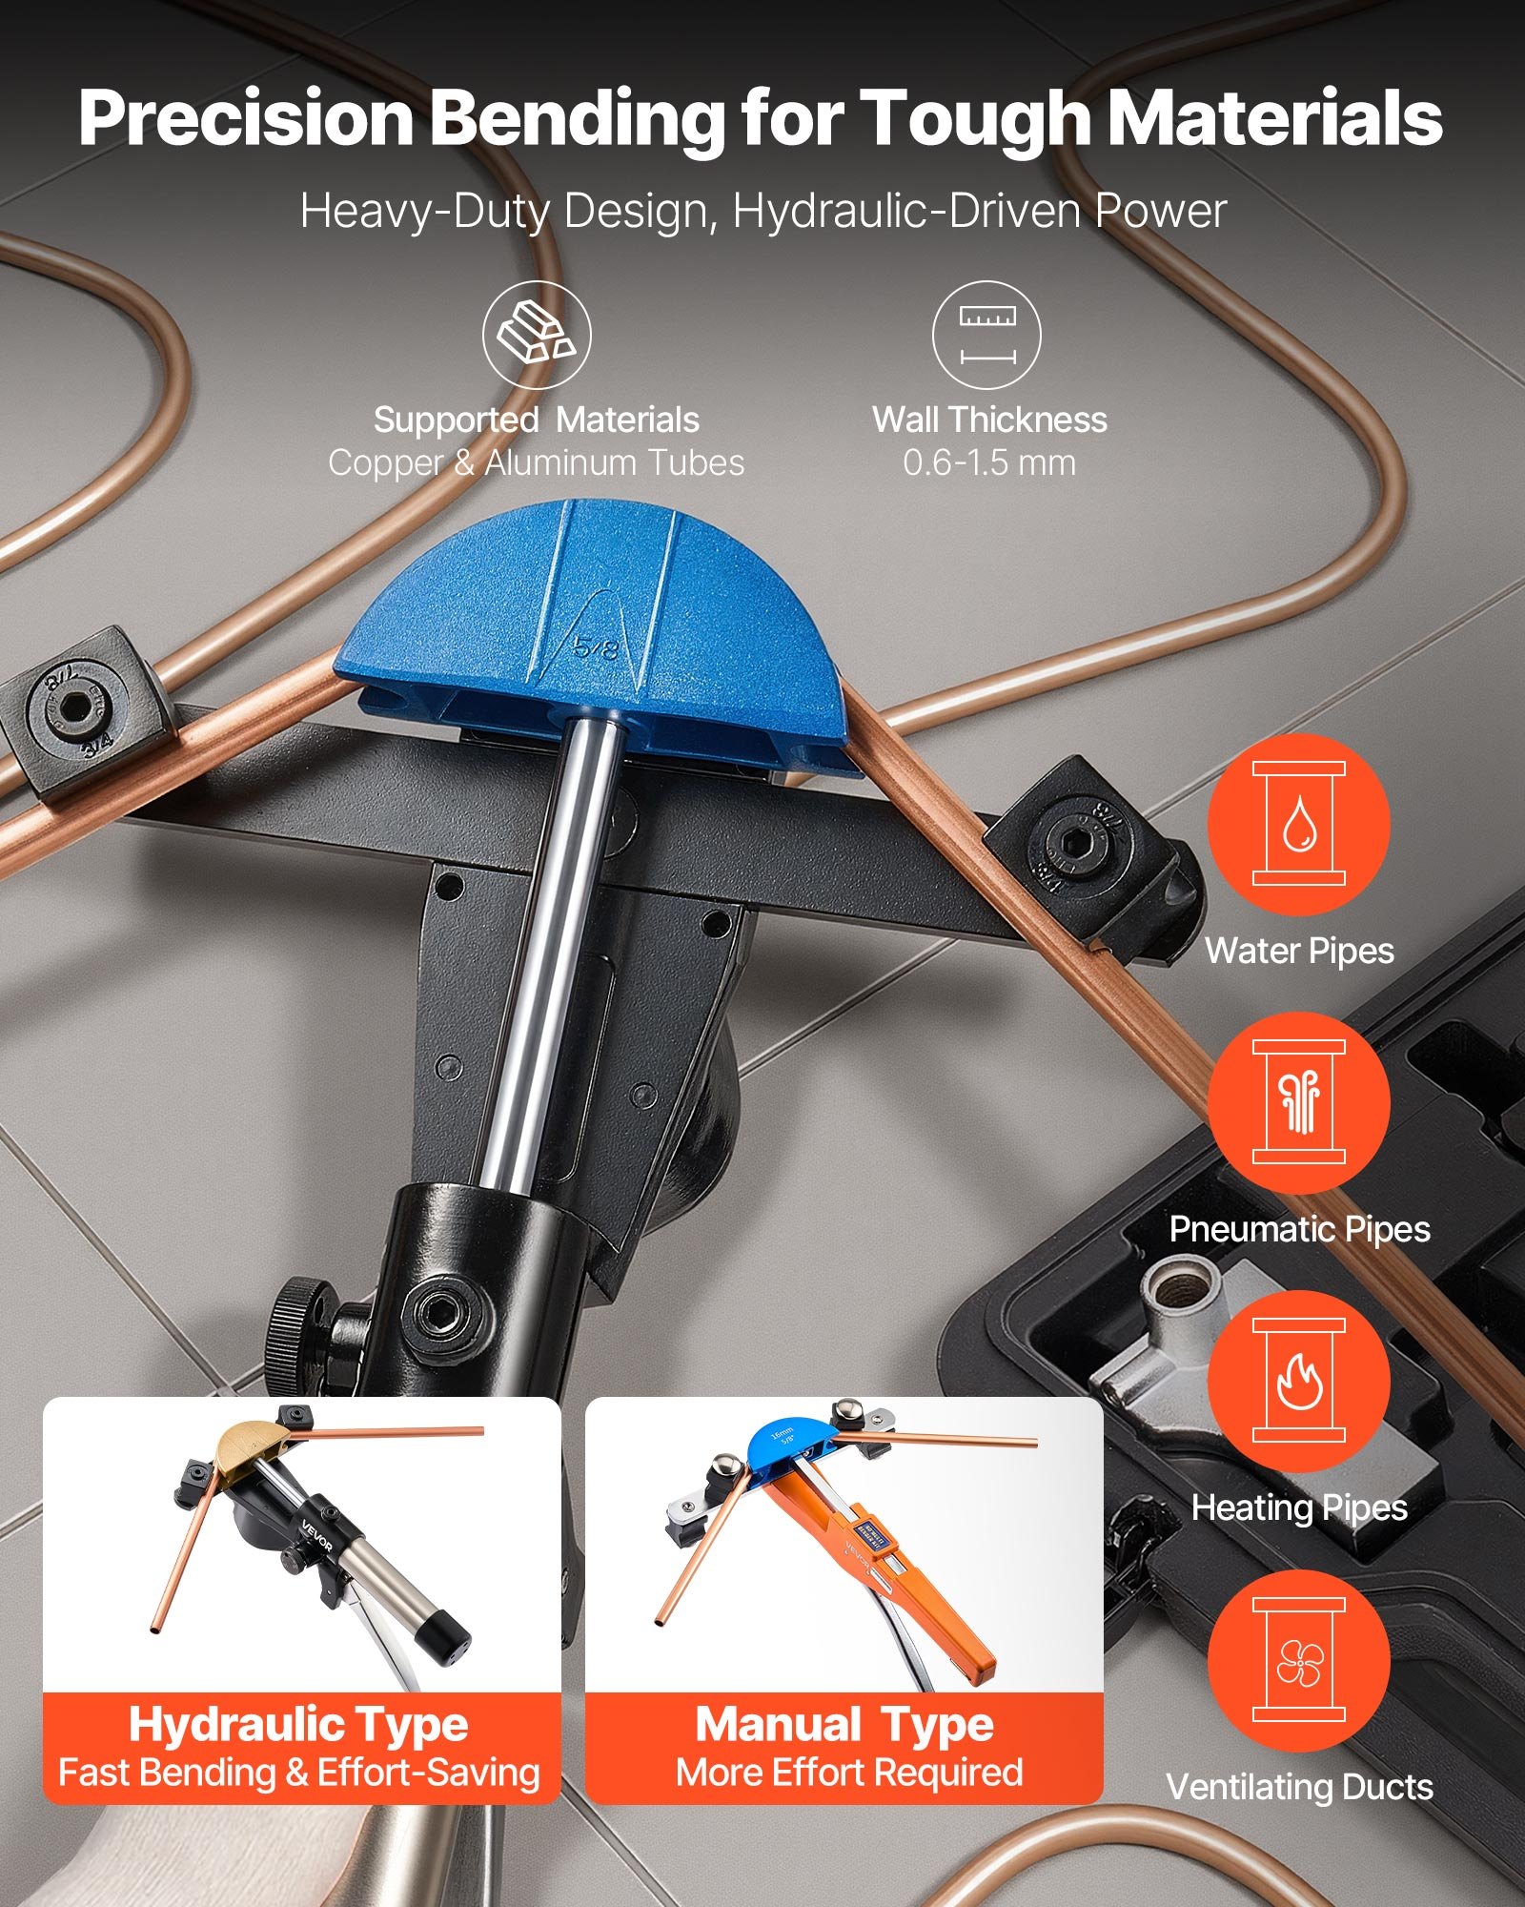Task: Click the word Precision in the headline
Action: pos(246,118)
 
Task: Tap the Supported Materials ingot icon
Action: pos(536,335)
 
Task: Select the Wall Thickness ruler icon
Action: pos(987,335)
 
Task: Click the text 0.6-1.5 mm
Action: pos(989,463)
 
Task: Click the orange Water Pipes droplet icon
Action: pos(1298,824)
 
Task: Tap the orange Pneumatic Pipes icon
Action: pos(1298,1102)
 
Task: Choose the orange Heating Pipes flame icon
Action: pos(1298,1381)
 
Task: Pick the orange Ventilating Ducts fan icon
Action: pos(1298,1660)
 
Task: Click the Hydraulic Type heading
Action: pos(298,1724)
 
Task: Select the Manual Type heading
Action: pos(844,1724)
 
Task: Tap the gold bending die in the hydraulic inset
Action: pos(252,1449)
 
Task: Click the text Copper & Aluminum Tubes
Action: pos(536,463)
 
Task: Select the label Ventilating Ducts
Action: pos(1298,1787)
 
